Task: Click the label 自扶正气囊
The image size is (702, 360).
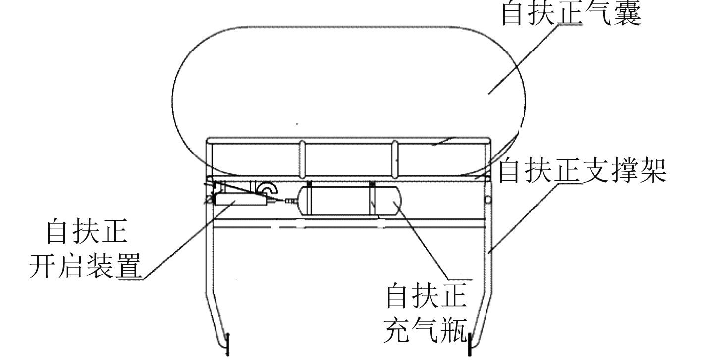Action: (571, 14)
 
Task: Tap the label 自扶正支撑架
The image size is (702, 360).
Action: (582, 171)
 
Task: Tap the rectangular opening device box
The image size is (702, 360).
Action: (238, 200)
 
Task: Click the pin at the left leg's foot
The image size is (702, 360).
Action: (227, 344)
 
